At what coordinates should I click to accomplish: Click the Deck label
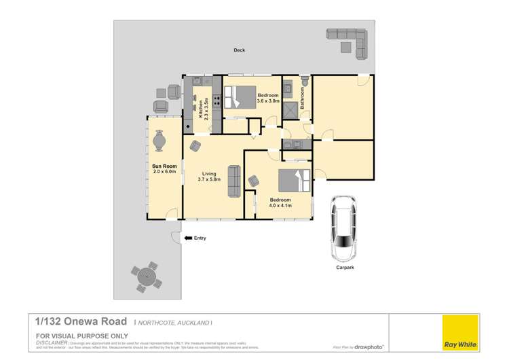(x=239, y=50)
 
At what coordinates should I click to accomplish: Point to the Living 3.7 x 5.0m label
(x=207, y=177)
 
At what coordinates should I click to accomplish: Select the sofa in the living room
(x=233, y=179)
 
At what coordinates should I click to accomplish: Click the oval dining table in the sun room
(x=159, y=141)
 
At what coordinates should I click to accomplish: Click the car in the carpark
(x=343, y=229)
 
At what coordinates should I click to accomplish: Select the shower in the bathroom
(x=290, y=109)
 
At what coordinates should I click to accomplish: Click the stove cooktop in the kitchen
(x=216, y=102)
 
